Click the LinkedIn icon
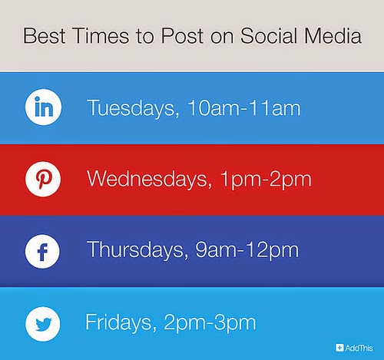tap(43, 107)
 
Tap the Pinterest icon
tap(43, 179)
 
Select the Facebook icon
tap(42, 251)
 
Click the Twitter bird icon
tap(43, 324)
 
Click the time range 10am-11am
tap(244, 108)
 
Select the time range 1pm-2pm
tap(266, 180)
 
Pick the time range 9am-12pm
tap(247, 251)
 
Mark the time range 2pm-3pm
tap(210, 323)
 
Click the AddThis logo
tap(354, 348)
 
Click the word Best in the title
tap(45, 36)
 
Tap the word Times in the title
tap(101, 36)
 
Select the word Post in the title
tap(183, 36)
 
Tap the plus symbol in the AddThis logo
tap(339, 348)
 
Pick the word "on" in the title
tap(222, 38)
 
